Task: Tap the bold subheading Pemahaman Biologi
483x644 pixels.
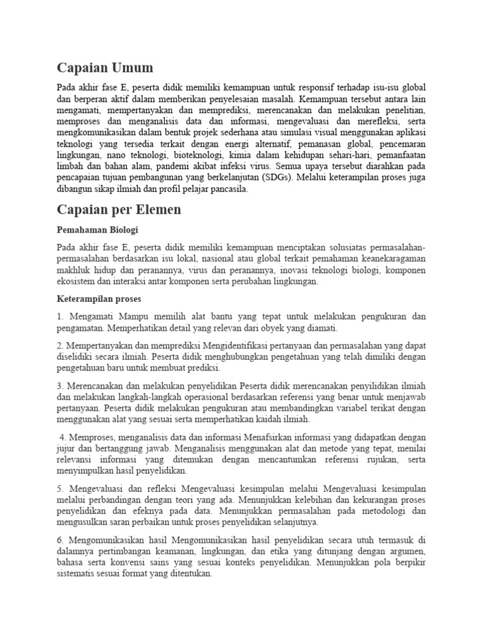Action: (x=97, y=230)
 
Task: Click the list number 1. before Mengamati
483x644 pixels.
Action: (x=60, y=316)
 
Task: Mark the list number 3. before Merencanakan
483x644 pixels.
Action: (x=60, y=385)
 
